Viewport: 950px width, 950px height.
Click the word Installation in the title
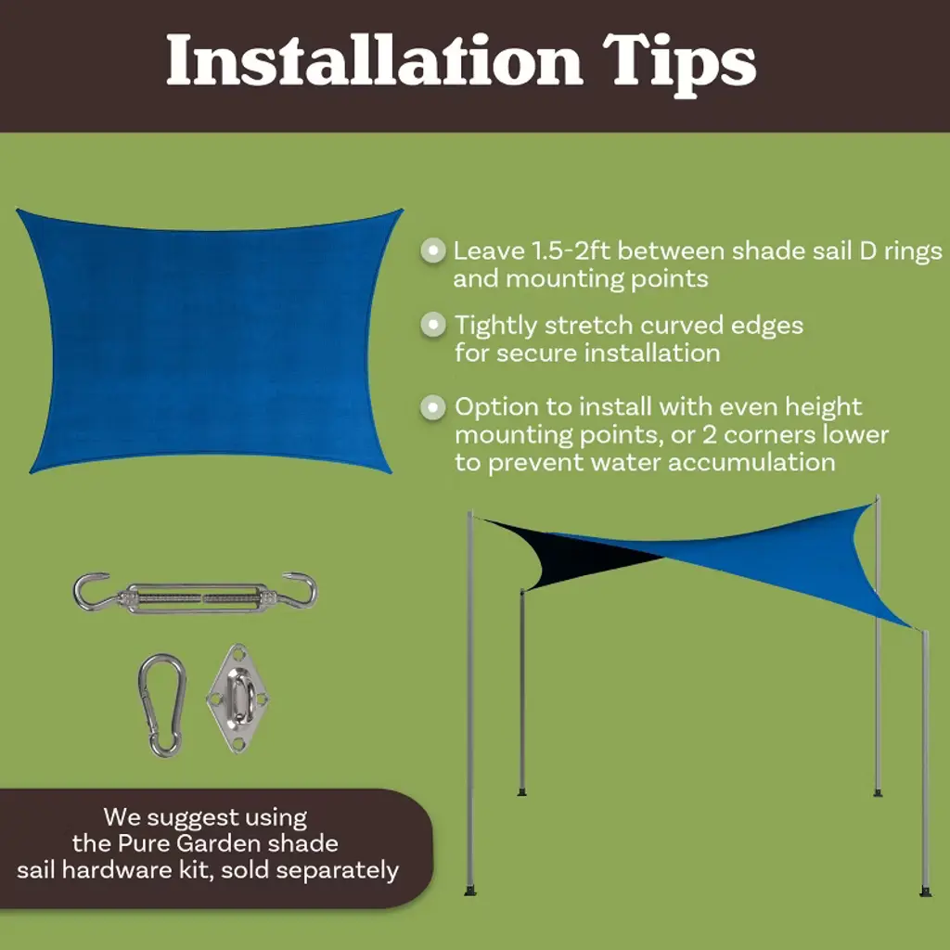[x=375, y=60]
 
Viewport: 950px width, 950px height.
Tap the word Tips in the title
[x=679, y=64]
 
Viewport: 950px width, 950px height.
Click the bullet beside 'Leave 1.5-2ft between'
[x=432, y=250]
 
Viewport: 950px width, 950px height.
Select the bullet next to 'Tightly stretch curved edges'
[x=432, y=325]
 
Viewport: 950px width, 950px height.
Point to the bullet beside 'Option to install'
[x=432, y=406]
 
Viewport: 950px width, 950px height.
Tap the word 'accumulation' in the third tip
[x=751, y=462]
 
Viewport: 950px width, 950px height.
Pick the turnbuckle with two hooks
[x=195, y=593]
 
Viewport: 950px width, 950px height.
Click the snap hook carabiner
[x=161, y=705]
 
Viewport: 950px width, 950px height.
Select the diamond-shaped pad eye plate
[x=238, y=698]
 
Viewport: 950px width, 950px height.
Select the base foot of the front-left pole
[x=470, y=890]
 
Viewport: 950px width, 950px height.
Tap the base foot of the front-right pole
[x=925, y=892]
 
